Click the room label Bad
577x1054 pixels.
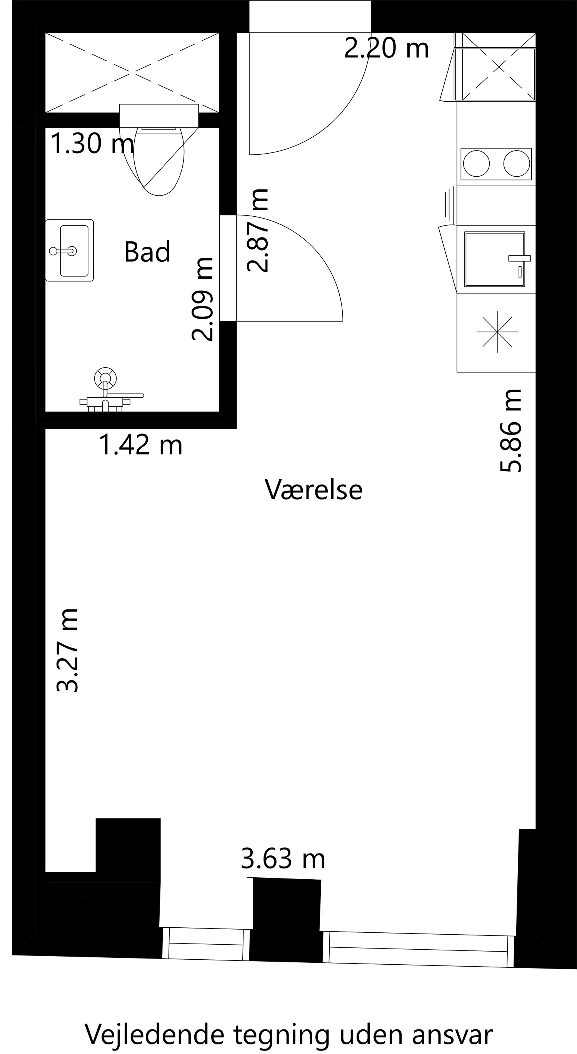147,252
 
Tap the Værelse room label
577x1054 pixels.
314,489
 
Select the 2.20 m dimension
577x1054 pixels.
386,48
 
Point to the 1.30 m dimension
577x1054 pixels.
92,144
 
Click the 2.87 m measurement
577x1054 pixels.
258,230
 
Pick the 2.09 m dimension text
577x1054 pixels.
203,299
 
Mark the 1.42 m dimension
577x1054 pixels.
141,445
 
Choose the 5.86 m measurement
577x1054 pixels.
512,431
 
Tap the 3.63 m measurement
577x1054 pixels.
283,859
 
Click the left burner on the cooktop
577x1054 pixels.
476,164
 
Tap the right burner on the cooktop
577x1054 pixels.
517,164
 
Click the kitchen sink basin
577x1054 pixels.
494,259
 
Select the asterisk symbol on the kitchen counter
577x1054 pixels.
497,331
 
